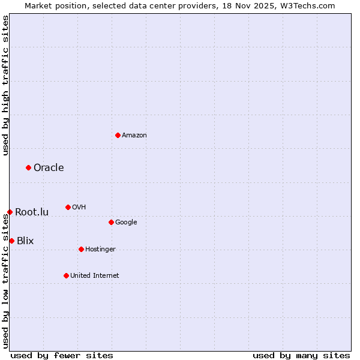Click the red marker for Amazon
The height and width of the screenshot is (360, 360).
tap(118, 135)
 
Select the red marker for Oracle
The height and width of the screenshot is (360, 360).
tap(28, 167)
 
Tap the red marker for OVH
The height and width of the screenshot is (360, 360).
tap(68, 207)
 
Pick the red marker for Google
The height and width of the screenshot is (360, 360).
tap(111, 222)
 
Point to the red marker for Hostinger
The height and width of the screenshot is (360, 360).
tap(81, 249)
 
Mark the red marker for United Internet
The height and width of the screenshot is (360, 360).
tap(66, 275)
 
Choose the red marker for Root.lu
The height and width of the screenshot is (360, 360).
tap(10, 212)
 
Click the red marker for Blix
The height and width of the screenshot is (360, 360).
tap(11, 241)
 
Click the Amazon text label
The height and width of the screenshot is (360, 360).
tap(134, 136)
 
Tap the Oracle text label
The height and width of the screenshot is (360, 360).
tap(49, 167)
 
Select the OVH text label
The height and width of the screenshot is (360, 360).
tap(79, 208)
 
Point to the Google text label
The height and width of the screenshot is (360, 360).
tap(126, 223)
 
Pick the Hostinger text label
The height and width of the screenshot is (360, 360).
tap(100, 250)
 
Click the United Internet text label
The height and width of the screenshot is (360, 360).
tap(95, 276)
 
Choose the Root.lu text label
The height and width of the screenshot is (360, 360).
tap(32, 212)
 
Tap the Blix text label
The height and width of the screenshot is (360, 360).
tap(25, 241)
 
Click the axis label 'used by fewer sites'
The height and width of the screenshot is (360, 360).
tap(62, 356)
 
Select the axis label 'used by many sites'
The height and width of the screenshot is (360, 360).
tap(301, 356)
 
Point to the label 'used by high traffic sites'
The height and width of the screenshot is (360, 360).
tap(6, 85)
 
